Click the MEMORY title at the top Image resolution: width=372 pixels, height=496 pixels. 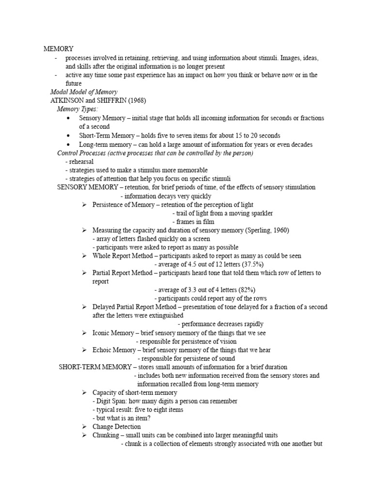(x=59, y=49)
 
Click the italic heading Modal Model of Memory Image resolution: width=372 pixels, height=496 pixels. (x=84, y=92)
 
